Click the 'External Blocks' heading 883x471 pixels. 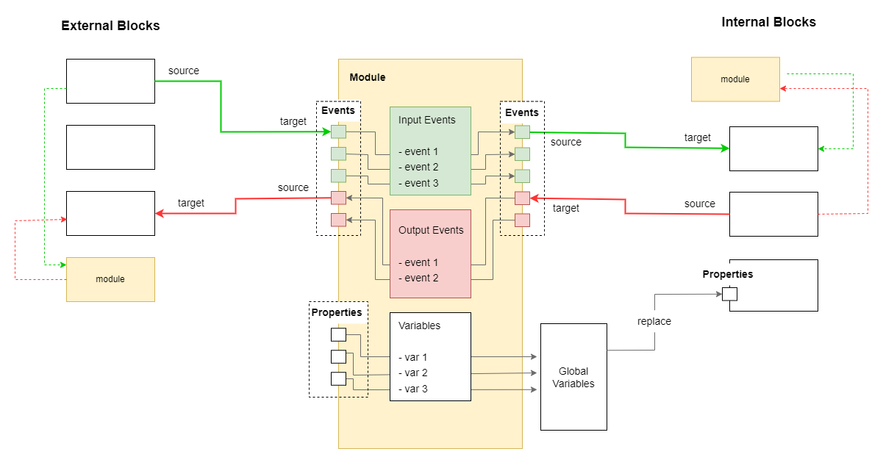click(110, 26)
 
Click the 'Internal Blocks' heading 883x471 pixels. click(768, 22)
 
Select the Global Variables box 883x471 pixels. click(573, 376)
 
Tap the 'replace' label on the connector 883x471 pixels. click(654, 321)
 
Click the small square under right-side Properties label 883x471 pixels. click(729, 294)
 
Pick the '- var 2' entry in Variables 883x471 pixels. click(413, 373)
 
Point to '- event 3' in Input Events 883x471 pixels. click(418, 183)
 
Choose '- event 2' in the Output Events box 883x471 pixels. click(418, 278)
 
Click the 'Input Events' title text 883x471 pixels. click(427, 120)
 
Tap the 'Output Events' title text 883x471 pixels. click(431, 230)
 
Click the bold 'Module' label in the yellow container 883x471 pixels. click(367, 77)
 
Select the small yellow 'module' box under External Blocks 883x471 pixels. click(110, 279)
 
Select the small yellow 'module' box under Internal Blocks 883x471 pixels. click(735, 79)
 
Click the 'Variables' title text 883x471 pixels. click(419, 325)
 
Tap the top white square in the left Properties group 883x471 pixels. click(338, 335)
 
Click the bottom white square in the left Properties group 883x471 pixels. click(338, 379)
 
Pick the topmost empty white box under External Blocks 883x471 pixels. click(110, 81)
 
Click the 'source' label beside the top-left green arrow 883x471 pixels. click(184, 71)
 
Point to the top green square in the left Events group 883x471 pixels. click(338, 132)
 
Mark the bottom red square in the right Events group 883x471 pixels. click(522, 220)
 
